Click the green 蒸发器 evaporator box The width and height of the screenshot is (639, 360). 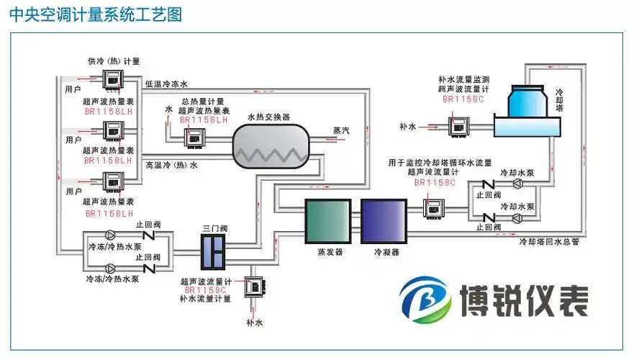(329, 221)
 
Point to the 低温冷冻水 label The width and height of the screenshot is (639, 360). (166, 84)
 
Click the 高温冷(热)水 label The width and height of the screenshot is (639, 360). (171, 165)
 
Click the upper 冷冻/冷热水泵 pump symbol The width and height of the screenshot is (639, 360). (109, 235)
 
